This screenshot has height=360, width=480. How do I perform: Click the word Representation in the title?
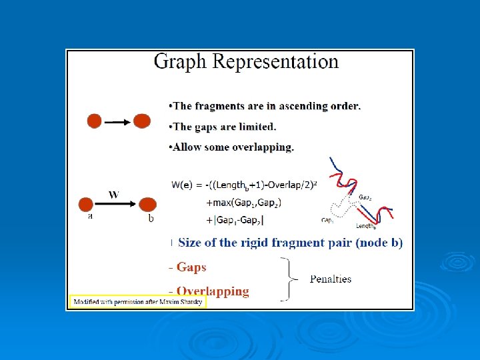click(x=275, y=63)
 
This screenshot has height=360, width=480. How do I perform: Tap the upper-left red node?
click(x=95, y=121)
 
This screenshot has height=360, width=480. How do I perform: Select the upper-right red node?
click(x=142, y=121)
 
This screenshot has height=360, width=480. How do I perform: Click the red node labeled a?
click(x=87, y=204)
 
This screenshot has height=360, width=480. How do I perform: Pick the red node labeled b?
click(x=147, y=204)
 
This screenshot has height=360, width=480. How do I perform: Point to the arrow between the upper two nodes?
click(x=118, y=122)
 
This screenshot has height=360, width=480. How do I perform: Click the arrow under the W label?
click(x=116, y=204)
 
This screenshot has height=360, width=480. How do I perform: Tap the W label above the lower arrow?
click(x=114, y=194)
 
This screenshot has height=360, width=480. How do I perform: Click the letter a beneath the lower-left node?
click(x=91, y=217)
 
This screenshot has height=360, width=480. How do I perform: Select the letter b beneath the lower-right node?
click(x=151, y=218)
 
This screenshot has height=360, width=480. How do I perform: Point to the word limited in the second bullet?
click(x=257, y=127)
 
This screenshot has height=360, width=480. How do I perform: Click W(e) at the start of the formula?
click(x=183, y=185)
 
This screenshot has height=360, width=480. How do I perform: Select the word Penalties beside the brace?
click(x=331, y=279)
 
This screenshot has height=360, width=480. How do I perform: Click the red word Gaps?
click(x=191, y=267)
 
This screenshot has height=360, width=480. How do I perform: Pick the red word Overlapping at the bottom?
click(x=213, y=291)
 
